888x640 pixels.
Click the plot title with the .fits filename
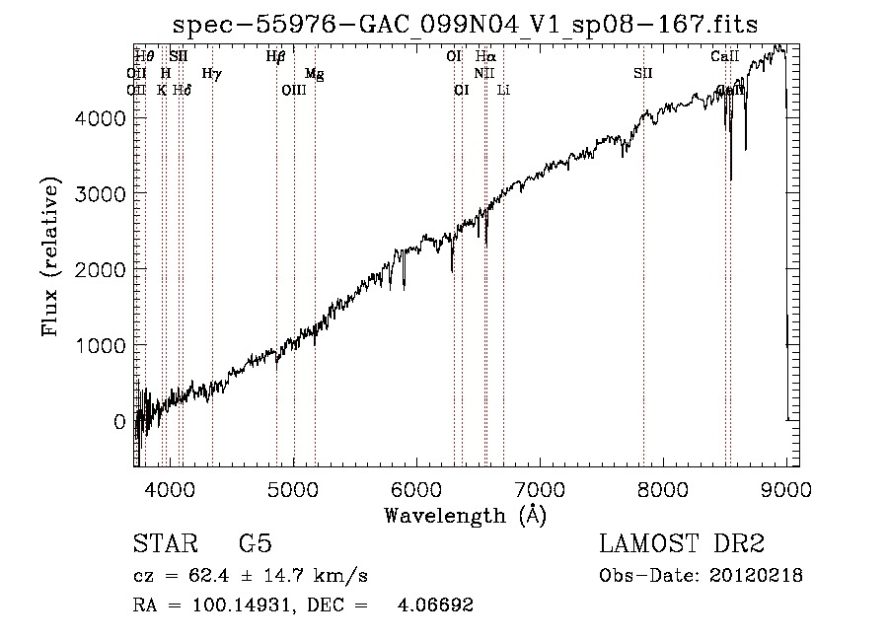pos(466,25)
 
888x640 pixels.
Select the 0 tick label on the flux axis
pos(119,422)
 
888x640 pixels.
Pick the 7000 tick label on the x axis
pos(540,487)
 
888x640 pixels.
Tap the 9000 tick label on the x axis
pos(785,487)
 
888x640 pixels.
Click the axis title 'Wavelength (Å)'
pos(465,514)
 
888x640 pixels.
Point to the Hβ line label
pos(275,57)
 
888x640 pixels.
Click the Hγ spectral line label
pos(211,73)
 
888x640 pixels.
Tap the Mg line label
pos(314,74)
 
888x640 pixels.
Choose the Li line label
pos(503,90)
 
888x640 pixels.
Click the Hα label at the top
pos(484,57)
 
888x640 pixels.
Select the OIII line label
pos(294,90)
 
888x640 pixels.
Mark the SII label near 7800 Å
pos(643,73)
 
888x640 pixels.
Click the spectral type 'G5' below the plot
pos(255,543)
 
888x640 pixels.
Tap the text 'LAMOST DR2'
pos(682,543)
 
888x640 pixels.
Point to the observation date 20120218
pos(755,576)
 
